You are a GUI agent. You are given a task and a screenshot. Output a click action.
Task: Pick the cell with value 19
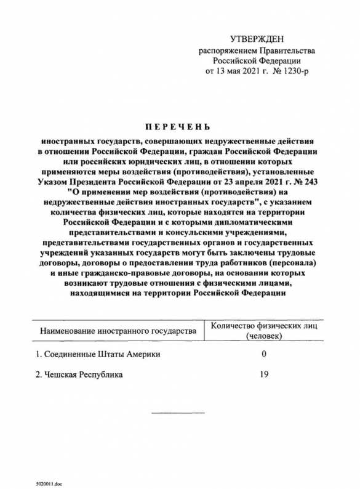[264, 374]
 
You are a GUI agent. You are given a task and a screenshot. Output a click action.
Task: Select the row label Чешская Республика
[79, 374]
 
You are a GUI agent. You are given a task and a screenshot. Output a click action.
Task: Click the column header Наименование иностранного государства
[118, 331]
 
